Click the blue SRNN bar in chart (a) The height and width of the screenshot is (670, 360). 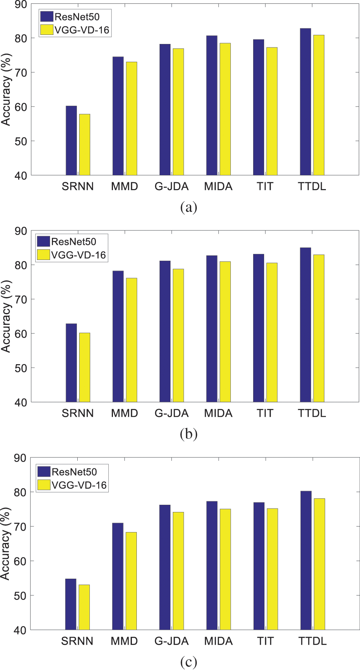click(71, 141)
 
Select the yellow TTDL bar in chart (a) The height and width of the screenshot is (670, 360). click(319, 105)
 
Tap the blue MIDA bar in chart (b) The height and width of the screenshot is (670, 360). click(212, 329)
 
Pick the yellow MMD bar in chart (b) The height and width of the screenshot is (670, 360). click(131, 340)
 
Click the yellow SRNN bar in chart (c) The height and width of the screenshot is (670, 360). click(84, 607)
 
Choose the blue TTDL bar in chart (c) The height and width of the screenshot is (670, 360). click(306, 560)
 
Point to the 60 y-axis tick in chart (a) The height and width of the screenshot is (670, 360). click(20, 107)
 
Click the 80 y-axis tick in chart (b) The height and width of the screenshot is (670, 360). click(20, 265)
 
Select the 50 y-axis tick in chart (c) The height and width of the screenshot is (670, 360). click(20, 596)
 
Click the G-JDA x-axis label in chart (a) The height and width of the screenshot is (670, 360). click(171, 186)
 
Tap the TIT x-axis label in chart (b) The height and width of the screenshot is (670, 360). click(265, 413)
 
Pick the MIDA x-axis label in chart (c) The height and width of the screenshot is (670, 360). click(218, 641)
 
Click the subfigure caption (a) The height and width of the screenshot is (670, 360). click(189, 207)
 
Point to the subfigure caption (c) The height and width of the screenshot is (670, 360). click(189, 662)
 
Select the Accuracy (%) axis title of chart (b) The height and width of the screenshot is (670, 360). click(6, 316)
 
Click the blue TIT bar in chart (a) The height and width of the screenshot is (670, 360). click(258, 107)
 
